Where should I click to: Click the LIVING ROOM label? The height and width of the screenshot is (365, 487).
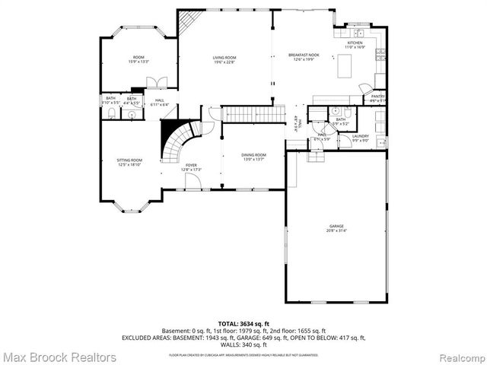(224, 58)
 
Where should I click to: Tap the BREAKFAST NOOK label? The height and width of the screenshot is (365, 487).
(302, 55)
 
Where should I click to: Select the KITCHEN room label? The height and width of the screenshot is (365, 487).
(355, 43)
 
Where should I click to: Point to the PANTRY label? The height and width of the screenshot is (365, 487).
(377, 97)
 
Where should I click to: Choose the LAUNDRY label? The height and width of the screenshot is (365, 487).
(361, 136)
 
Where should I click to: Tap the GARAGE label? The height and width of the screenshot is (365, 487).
(337, 227)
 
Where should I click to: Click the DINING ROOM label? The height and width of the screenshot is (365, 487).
(254, 154)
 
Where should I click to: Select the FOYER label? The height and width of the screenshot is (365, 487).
(191, 165)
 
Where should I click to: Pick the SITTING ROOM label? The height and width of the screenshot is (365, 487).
(129, 160)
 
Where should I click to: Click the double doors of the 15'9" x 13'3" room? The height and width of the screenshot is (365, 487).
(157, 82)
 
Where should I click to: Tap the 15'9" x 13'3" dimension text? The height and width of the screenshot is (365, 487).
(138, 62)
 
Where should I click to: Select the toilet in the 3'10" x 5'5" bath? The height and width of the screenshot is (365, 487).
(111, 114)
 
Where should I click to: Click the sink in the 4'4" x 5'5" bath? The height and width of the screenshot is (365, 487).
(132, 115)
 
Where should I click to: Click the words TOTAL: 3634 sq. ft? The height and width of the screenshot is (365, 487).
(244, 323)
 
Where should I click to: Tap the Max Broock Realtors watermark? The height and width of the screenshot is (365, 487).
(59, 357)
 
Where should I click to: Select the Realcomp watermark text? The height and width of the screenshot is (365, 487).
(457, 357)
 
